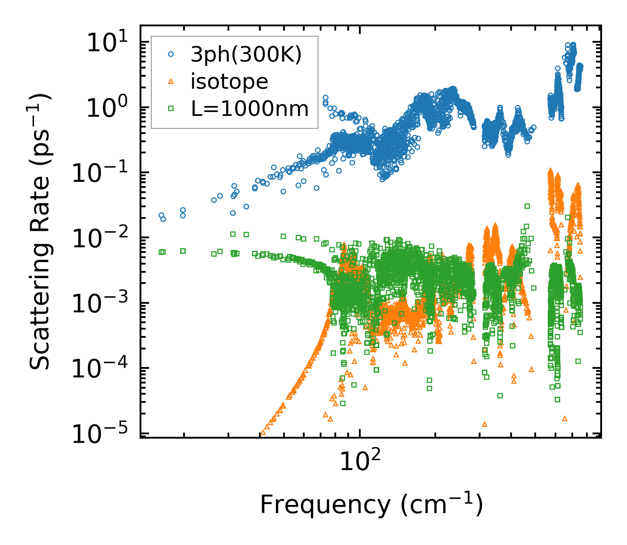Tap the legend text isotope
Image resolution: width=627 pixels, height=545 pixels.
[x=229, y=81]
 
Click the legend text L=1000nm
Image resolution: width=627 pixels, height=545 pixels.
[x=250, y=109]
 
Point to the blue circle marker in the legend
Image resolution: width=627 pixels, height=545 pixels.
[x=171, y=54]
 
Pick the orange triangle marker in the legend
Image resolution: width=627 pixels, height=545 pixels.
[x=171, y=81]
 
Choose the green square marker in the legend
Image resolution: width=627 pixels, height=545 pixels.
[x=171, y=108]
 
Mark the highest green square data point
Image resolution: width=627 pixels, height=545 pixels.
[x=527, y=206]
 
